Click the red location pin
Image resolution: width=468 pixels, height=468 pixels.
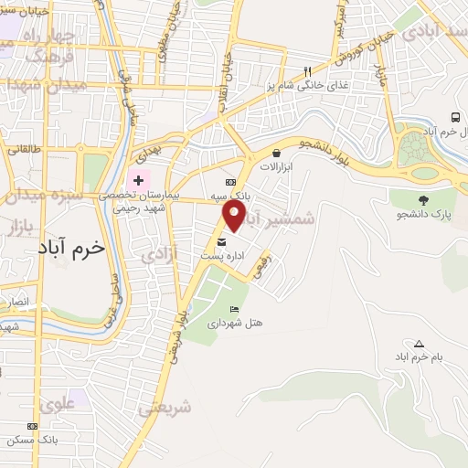tap(235, 215)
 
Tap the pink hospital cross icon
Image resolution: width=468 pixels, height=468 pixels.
tap(138, 180)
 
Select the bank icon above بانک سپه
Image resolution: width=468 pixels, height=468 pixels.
tap(242, 182)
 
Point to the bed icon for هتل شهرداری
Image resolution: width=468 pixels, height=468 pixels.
tap(234, 309)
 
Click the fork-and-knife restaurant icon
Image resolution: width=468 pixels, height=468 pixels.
tap(308, 71)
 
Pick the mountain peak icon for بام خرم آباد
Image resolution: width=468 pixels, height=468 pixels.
tap(419, 344)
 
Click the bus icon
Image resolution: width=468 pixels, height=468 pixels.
tap(454, 118)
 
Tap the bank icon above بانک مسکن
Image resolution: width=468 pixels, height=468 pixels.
tap(33, 427)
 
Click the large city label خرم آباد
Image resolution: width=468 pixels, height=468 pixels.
tap(72, 247)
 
